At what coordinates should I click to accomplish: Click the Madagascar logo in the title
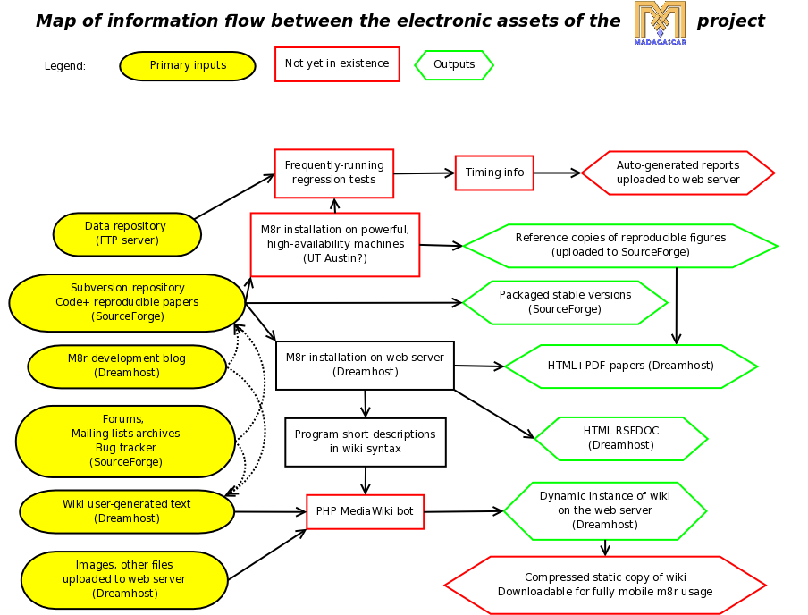(660, 22)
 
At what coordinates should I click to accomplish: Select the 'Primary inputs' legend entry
(188, 66)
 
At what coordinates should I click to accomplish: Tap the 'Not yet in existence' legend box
(337, 64)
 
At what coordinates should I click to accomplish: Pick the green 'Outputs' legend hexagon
(454, 65)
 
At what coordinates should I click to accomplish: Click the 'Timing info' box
(494, 173)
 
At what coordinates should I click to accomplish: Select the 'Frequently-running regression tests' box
(334, 173)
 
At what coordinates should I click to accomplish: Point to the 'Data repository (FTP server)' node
(127, 234)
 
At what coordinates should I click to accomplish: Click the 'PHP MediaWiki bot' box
(365, 511)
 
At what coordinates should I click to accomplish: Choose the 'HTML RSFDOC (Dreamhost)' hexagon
(621, 438)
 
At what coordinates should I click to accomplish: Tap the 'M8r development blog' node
(127, 366)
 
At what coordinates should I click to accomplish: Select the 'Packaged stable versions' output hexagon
(565, 302)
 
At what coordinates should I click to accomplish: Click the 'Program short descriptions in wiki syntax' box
(365, 442)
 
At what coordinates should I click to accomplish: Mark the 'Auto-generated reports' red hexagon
(678, 173)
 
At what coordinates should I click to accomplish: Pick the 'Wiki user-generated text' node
(127, 511)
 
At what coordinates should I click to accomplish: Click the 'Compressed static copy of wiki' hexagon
(605, 586)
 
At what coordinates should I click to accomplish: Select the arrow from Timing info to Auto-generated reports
(557, 173)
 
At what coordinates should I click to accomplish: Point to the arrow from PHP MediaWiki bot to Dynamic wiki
(463, 511)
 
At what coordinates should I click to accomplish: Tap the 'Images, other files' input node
(124, 579)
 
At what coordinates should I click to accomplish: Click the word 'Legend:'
(65, 66)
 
